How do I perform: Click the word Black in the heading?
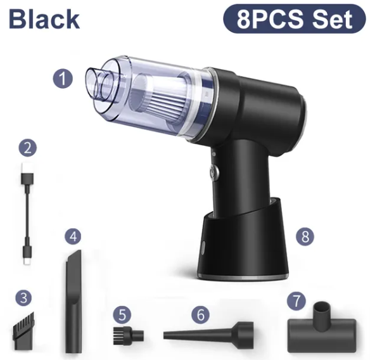click(x=44, y=20)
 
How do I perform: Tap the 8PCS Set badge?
click(x=295, y=18)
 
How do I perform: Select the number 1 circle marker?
click(x=63, y=79)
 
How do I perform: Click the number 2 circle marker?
click(x=28, y=148)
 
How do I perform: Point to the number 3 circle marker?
click(x=23, y=298)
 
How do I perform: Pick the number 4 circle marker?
click(x=73, y=236)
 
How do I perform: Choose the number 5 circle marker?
click(x=122, y=314)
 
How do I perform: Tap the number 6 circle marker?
click(x=200, y=314)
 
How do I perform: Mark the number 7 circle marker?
click(x=297, y=300)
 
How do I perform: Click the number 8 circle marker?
click(x=305, y=236)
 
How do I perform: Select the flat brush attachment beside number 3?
click(x=23, y=331)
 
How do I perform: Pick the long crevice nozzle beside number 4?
click(x=73, y=302)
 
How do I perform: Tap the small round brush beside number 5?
click(x=129, y=335)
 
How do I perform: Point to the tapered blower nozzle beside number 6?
click(x=208, y=333)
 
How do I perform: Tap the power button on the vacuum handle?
click(x=214, y=170)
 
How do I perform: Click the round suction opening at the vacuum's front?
click(x=95, y=84)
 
